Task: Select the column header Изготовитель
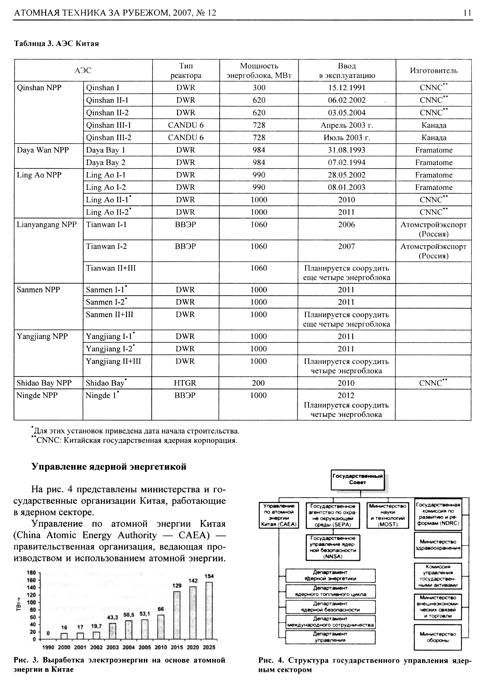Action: [434, 71]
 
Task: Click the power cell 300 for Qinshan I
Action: [259, 88]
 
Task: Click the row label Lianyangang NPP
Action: [47, 224]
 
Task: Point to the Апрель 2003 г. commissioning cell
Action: [347, 125]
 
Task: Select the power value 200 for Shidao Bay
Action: [258, 383]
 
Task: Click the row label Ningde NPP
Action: [37, 395]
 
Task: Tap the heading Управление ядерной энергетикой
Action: [109, 467]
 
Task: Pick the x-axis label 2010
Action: [161, 647]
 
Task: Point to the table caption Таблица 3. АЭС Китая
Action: [56, 44]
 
